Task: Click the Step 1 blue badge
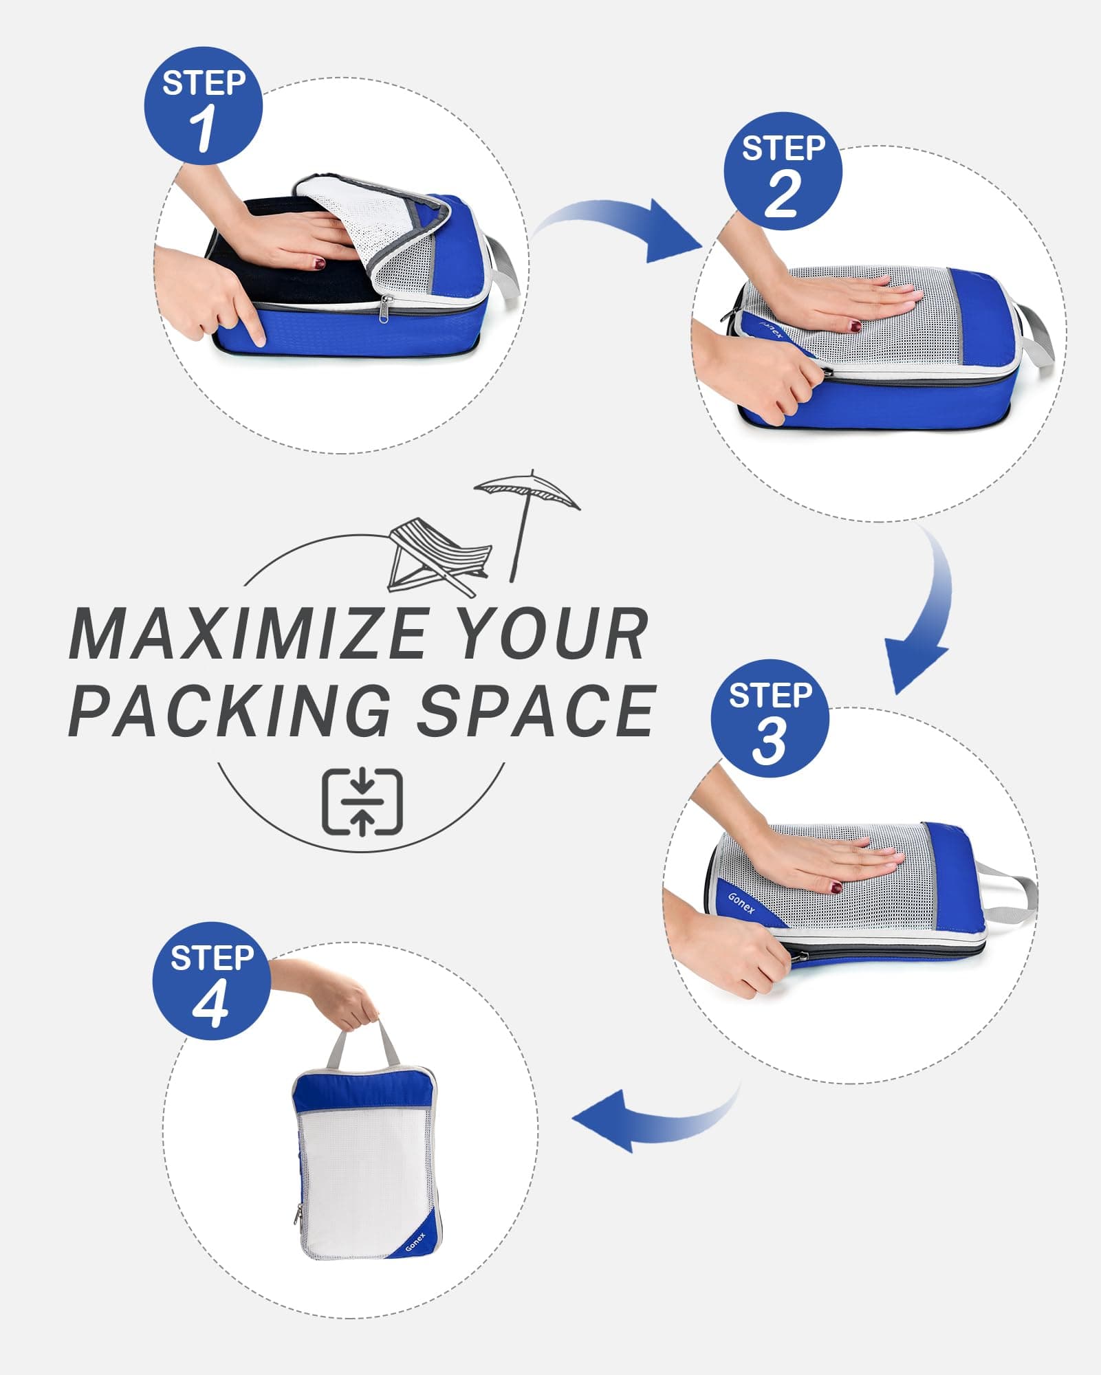coord(204,107)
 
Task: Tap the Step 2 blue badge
coord(783,171)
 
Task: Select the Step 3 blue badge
coord(770,719)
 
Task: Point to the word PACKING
coord(230,710)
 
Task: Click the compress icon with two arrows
coord(362,802)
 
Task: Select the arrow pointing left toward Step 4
coord(646,1121)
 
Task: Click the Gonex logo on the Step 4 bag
coord(415,1242)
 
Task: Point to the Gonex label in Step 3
coord(741,903)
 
